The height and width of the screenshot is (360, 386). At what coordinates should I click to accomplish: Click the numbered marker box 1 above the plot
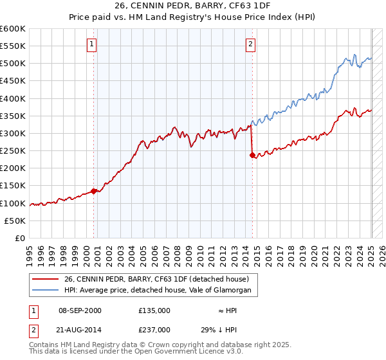(92, 44)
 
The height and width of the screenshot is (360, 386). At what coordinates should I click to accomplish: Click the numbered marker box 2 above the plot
(250, 44)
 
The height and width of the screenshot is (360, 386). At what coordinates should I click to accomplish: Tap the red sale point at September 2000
(94, 190)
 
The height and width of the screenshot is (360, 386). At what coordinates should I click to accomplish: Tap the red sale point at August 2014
(252, 155)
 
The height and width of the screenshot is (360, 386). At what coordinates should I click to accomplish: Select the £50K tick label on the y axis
(15, 221)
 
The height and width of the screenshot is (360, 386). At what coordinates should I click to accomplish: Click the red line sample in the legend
(46, 278)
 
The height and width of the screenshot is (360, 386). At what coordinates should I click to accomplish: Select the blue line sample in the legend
(46, 291)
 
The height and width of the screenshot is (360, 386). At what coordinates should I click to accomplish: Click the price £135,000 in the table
(154, 310)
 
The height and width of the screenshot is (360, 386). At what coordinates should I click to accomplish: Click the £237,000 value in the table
(154, 329)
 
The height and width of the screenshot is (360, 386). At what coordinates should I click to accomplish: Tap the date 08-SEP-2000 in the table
(80, 310)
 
